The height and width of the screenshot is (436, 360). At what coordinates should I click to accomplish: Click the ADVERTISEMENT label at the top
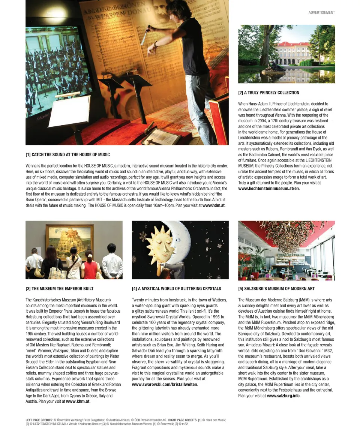coord(321,12)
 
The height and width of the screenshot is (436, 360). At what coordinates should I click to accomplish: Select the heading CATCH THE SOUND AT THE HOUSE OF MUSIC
coord(67,154)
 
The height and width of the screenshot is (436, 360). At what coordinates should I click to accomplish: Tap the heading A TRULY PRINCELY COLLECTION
coord(268,93)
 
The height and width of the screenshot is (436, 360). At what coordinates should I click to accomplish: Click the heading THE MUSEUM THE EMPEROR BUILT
coord(60,289)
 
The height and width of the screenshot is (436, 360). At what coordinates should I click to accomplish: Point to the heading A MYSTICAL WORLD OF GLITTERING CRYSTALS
coord(176,289)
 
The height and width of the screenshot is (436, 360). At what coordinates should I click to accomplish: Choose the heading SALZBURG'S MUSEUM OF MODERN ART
coord(276,289)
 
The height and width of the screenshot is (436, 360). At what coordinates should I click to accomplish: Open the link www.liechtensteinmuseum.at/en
coord(268,189)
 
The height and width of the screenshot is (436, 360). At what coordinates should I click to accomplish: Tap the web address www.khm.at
coord(78,401)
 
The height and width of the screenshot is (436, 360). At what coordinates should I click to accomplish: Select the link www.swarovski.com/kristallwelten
coord(164,385)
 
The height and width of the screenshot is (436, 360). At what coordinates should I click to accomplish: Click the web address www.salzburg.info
coord(283,396)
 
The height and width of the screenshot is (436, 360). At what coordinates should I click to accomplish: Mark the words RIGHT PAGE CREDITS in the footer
coord(181,420)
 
